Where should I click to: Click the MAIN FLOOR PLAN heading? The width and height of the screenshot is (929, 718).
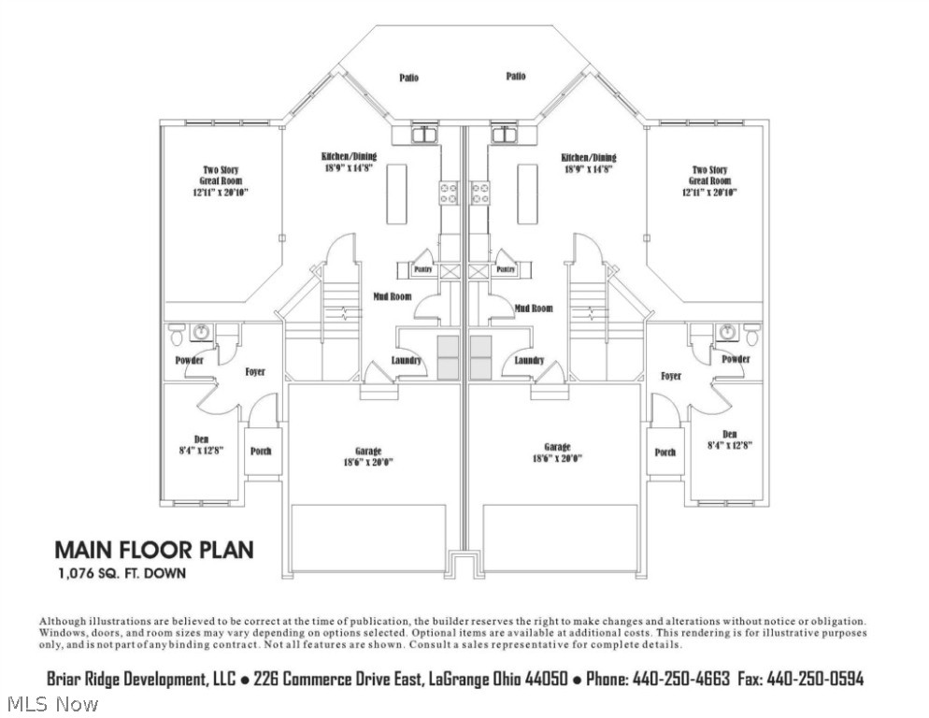[x=153, y=549]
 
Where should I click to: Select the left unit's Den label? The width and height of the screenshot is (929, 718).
[x=201, y=438]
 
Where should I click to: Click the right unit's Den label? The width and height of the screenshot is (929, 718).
[x=730, y=434]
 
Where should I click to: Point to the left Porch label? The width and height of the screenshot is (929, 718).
[x=261, y=452]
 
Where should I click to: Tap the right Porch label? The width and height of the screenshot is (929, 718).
[x=665, y=452]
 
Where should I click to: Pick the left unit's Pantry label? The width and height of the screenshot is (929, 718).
[x=420, y=269]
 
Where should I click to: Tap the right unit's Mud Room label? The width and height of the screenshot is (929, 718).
[x=533, y=308]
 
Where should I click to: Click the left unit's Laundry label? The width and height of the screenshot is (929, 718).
[x=405, y=361]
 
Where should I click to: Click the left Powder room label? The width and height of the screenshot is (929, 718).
[x=189, y=360]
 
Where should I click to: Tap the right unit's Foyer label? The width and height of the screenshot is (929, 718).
[x=670, y=376]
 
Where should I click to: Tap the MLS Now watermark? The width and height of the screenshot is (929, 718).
[x=51, y=703]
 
